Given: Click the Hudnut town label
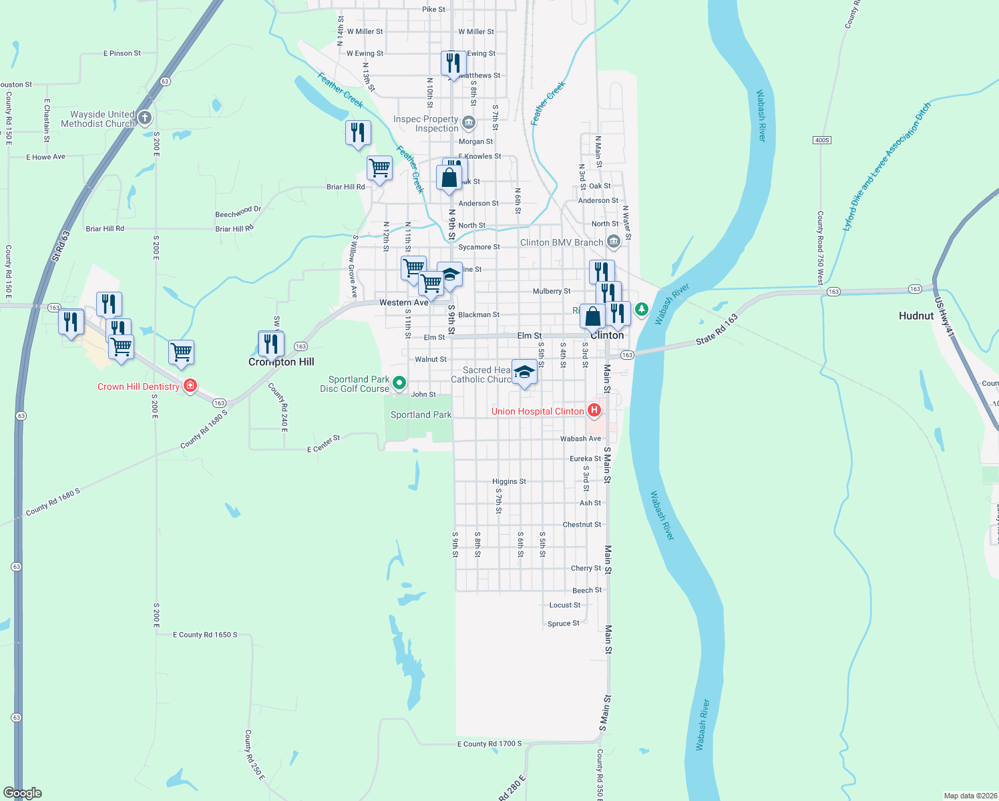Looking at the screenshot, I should (916, 316).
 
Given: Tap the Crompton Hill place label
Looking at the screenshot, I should (281, 362).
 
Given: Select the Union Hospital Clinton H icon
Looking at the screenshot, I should (594, 411).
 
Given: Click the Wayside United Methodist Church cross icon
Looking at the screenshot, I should (144, 118).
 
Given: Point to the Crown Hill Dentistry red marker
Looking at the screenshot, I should (190, 386).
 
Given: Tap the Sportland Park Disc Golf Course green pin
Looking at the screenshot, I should (399, 382).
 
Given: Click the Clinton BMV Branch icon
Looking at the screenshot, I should (614, 242).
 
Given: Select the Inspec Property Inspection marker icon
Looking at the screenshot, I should (469, 122).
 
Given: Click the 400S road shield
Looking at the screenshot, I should (822, 140).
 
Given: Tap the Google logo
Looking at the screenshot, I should (23, 793).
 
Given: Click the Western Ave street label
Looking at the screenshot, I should (403, 302).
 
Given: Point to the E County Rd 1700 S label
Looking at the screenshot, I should (489, 744).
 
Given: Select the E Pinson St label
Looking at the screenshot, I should (122, 53).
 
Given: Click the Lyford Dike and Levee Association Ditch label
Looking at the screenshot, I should (886, 167).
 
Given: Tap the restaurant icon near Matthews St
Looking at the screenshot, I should (453, 63).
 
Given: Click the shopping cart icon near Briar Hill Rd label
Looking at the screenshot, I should (379, 168).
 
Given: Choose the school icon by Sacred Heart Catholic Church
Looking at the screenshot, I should (524, 372).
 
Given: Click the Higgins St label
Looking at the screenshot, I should (509, 481).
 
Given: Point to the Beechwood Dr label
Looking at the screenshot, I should (238, 212).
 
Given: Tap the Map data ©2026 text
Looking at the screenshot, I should (970, 796).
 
